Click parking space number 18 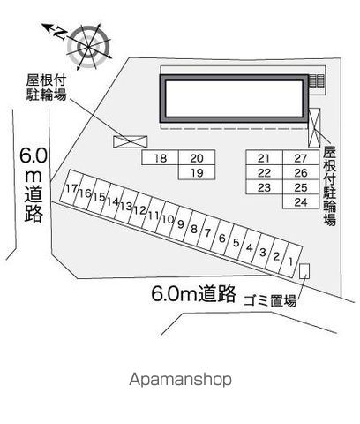click(161, 157)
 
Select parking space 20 click(197, 157)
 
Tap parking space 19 click(197, 172)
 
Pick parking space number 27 click(301, 157)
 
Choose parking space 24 click(301, 201)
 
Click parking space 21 click(264, 157)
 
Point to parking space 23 click(264, 187)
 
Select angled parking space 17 click(71, 187)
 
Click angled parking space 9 click(181, 223)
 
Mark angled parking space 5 click(236, 242)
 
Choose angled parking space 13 click(126, 206)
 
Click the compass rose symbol click(88, 47)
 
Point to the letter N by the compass click(60, 33)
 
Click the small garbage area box click(304, 271)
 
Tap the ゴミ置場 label click(270, 300)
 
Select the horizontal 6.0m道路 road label click(193, 293)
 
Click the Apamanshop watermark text click(180, 379)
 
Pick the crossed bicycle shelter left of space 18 click(130, 141)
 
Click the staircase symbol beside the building click(317, 81)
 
